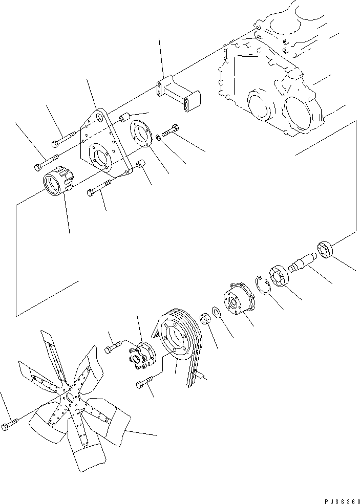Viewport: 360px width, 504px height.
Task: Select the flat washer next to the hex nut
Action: click(216, 312)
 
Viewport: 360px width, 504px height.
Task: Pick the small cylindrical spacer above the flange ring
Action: click(124, 119)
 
